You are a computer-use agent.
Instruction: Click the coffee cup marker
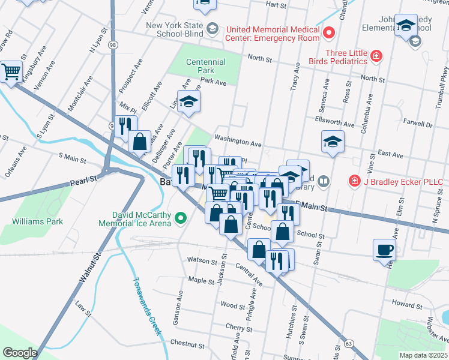384,249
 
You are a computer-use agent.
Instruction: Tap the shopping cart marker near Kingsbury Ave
11,72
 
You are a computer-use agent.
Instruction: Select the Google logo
20,353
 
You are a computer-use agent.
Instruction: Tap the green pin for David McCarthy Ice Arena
178,223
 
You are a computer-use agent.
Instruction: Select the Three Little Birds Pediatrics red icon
376,56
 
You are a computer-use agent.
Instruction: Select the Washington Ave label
238,142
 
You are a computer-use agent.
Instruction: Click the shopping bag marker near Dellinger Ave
139,142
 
